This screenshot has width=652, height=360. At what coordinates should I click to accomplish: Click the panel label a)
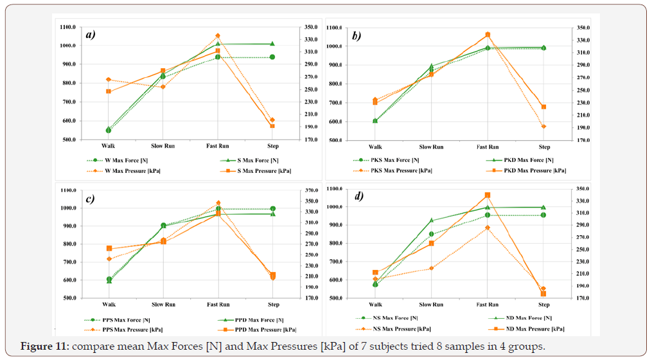[91, 35]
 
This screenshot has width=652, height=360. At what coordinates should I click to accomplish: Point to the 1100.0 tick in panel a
[67, 27]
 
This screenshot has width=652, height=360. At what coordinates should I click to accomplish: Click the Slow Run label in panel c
[163, 305]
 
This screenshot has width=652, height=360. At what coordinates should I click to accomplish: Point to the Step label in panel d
[543, 305]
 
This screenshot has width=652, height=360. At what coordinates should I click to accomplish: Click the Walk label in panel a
[108, 146]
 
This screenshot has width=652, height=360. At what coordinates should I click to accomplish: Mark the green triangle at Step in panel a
[272, 44]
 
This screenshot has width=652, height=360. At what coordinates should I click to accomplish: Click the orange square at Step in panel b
[543, 107]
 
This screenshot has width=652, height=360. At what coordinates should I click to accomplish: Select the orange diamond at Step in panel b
[543, 127]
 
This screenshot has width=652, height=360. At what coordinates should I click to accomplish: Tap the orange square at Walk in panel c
[109, 248]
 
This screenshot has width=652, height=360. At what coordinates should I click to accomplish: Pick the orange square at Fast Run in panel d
[488, 195]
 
